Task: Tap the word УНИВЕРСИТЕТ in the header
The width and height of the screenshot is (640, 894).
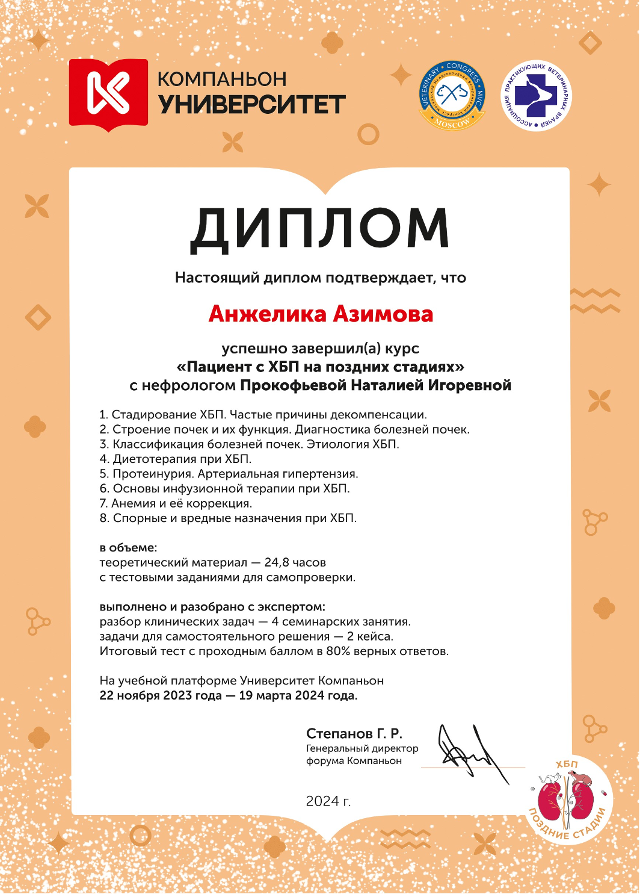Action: pyautogui.click(x=252, y=104)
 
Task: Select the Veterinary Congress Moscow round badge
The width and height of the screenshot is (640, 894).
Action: pyautogui.click(x=451, y=95)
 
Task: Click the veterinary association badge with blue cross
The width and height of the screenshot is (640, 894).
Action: pyautogui.click(x=537, y=96)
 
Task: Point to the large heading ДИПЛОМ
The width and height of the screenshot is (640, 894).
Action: pyautogui.click(x=319, y=229)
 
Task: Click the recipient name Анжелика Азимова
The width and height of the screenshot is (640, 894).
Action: pyautogui.click(x=321, y=314)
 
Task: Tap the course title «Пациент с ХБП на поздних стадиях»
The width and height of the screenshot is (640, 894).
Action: pyautogui.click(x=321, y=367)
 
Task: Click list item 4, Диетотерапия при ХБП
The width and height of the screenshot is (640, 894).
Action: pyautogui.click(x=176, y=459)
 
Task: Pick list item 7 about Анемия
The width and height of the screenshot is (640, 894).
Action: pyautogui.click(x=176, y=503)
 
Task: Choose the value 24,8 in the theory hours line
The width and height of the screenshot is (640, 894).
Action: pyautogui.click(x=277, y=562)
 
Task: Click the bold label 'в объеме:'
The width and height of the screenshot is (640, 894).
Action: pyautogui.click(x=128, y=548)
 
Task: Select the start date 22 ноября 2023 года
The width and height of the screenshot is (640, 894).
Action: pyautogui.click(x=161, y=695)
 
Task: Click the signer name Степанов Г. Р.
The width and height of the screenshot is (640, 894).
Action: pyautogui.click(x=354, y=733)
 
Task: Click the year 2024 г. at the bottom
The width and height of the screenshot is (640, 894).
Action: pyautogui.click(x=328, y=801)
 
